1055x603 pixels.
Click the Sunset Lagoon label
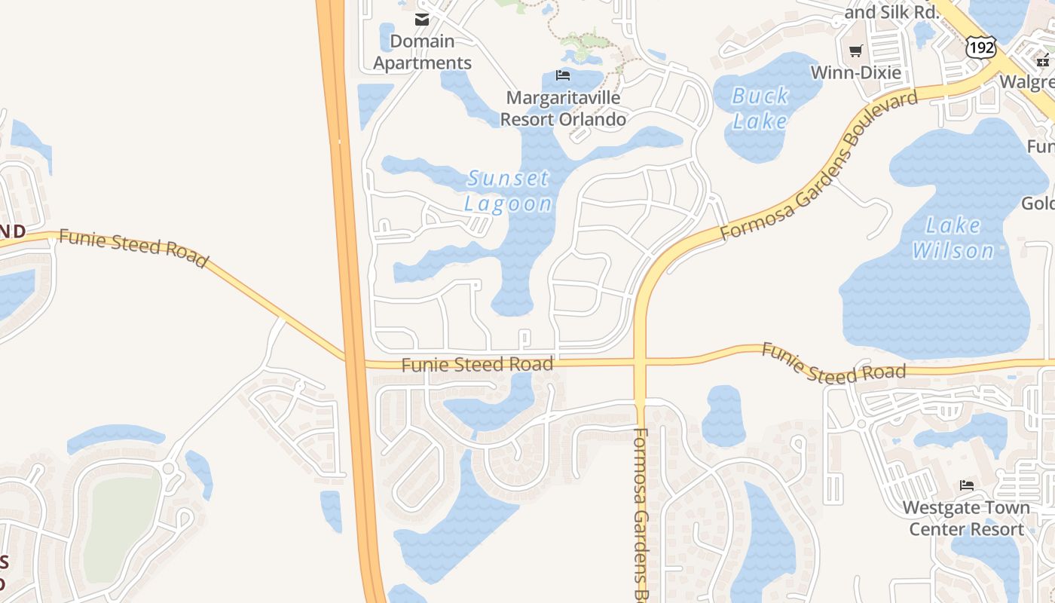(509, 191)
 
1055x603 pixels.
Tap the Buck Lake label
(760, 108)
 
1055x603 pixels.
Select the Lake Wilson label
(953, 237)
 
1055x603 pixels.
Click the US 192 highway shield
(981, 47)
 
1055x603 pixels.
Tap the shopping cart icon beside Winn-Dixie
(855, 51)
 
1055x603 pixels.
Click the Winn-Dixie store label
(855, 72)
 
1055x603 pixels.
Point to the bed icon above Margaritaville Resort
(563, 75)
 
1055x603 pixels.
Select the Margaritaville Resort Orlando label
(563, 108)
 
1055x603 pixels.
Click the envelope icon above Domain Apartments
(422, 20)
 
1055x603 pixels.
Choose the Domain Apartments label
(422, 52)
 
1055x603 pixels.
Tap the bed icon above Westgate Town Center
(967, 485)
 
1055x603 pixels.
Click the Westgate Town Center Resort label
(967, 518)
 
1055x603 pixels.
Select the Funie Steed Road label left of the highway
(133, 248)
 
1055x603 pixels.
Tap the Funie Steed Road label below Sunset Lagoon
(477, 365)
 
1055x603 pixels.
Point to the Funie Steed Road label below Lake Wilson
(833, 363)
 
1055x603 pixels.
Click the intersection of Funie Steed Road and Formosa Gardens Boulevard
(641, 362)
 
